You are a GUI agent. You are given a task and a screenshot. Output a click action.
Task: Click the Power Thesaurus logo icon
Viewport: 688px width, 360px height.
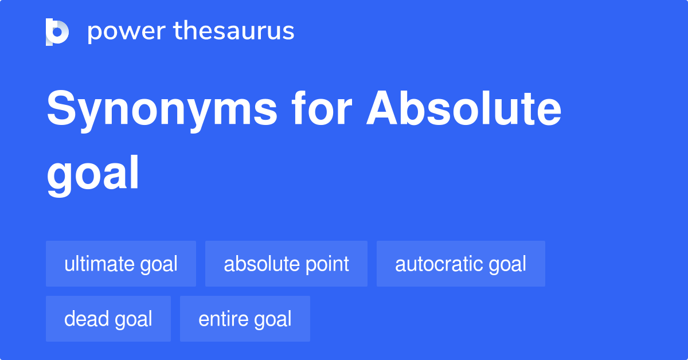(57, 32)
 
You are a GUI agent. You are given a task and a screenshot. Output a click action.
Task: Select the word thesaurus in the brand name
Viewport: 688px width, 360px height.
(234, 31)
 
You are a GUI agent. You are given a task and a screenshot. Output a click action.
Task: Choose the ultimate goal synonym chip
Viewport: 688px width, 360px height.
(121, 264)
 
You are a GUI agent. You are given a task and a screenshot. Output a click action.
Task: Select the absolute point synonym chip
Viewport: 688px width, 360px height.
(286, 264)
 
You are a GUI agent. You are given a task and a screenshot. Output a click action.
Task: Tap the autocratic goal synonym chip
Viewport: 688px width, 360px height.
(460, 264)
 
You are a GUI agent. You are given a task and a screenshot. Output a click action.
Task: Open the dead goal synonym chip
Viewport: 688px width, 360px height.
(108, 319)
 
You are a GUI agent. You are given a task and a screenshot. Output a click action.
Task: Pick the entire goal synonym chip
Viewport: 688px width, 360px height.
(245, 319)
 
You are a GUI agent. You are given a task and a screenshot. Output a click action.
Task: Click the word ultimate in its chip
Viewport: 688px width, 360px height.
(100, 264)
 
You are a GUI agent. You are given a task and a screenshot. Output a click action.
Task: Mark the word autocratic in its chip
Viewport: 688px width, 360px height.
(439, 264)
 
